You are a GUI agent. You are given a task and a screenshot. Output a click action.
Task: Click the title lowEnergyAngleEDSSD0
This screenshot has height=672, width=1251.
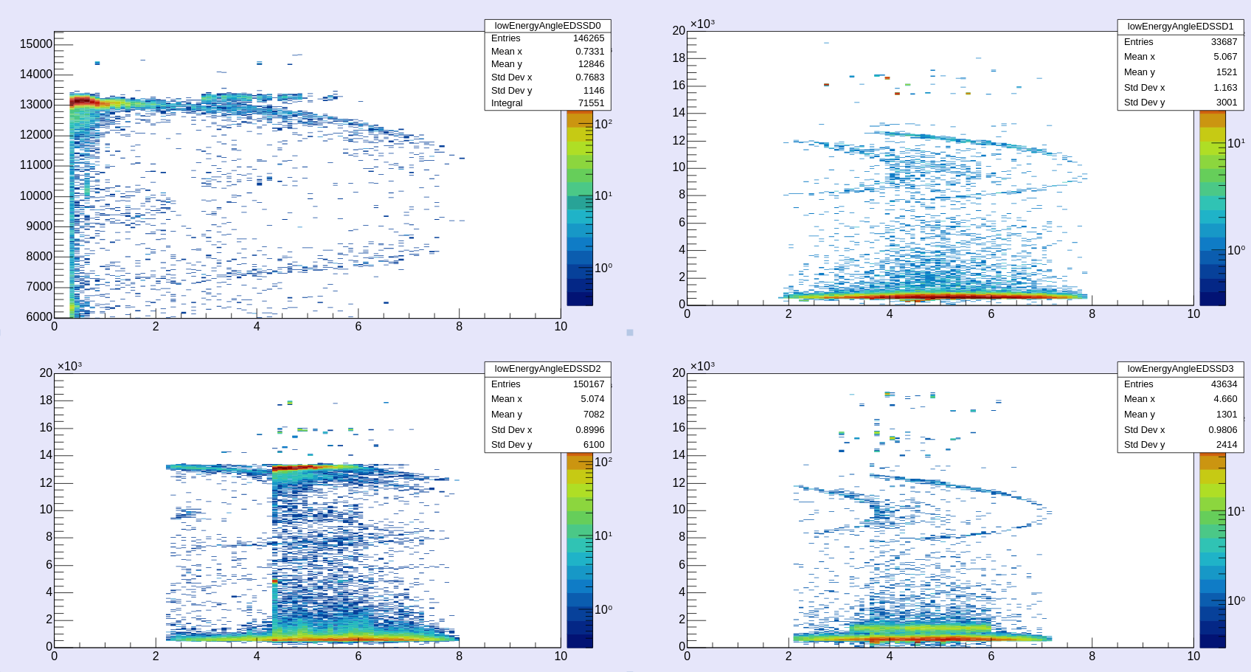(547, 26)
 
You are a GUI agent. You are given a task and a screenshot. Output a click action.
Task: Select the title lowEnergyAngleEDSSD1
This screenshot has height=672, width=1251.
(1180, 27)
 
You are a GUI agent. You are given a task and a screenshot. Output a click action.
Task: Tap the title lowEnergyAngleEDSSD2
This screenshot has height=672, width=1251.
(547, 369)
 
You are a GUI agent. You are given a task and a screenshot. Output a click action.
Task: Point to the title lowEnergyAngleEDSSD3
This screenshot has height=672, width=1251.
(1180, 369)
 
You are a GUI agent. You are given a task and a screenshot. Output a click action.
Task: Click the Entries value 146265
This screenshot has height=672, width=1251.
(588, 38)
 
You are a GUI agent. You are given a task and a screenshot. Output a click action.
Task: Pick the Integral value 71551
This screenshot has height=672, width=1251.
(591, 103)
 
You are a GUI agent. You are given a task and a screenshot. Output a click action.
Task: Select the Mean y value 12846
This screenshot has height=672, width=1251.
(591, 64)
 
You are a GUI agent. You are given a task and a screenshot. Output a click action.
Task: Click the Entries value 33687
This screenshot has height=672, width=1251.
(1224, 42)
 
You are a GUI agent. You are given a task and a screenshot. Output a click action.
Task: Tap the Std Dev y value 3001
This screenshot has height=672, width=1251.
(1226, 103)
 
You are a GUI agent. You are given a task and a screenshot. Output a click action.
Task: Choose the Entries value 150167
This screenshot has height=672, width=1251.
(588, 384)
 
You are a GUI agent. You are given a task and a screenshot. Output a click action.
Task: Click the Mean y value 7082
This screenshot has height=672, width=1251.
(593, 415)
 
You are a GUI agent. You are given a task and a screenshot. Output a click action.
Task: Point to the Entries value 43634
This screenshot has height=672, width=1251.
(1224, 384)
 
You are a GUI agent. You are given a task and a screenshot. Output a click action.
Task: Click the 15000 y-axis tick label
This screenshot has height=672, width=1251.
(36, 44)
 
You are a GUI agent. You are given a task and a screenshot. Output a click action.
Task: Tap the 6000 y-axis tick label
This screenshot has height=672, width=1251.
(39, 317)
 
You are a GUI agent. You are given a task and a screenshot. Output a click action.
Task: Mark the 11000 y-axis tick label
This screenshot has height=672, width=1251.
(36, 165)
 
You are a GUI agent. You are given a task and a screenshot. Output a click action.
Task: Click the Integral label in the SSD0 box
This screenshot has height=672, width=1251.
(507, 103)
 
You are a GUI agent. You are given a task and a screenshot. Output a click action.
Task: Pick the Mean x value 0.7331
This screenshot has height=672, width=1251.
(589, 52)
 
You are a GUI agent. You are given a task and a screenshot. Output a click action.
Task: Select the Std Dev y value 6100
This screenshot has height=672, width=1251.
(593, 445)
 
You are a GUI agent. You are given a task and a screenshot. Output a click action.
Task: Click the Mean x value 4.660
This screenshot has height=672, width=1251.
(1225, 399)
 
